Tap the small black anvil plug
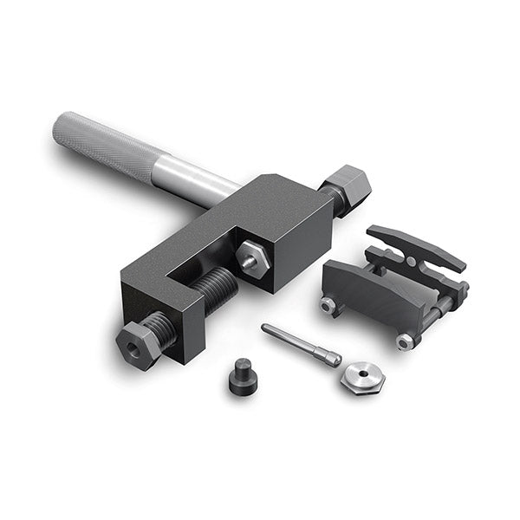tap(242, 376)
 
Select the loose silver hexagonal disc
tap(362, 375)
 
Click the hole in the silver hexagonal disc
tap(362, 374)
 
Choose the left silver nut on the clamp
tap(327, 305)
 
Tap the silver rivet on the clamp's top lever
tap(410, 261)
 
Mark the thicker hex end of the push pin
tap(327, 355)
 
